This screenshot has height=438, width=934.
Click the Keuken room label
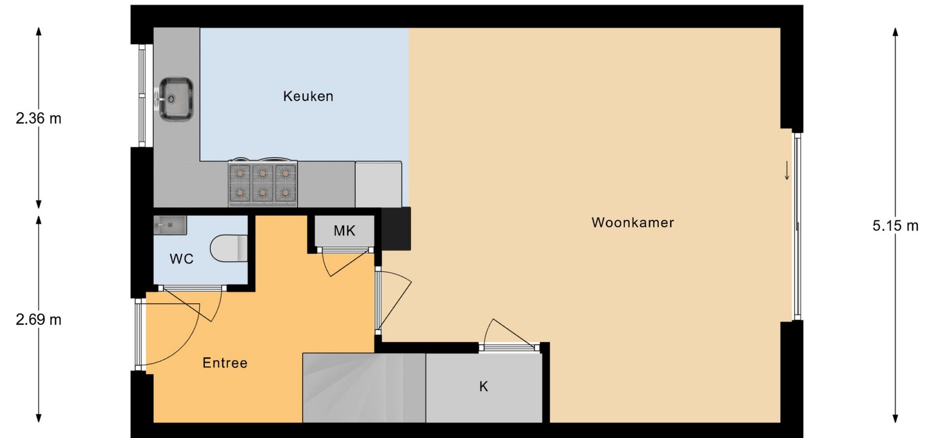pyautogui.click(x=308, y=96)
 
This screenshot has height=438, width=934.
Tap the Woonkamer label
pyautogui.click(x=633, y=222)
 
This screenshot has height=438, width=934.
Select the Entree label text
pyautogui.click(x=225, y=363)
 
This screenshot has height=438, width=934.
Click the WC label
pyautogui.click(x=181, y=259)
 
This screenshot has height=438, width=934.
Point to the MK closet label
pyautogui.click(x=344, y=231)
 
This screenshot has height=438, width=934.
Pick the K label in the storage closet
pyautogui.click(x=484, y=386)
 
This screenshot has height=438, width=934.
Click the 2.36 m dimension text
pyautogui.click(x=38, y=118)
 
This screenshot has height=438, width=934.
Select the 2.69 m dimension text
pyautogui.click(x=38, y=320)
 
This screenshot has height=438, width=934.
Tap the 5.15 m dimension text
pyautogui.click(x=896, y=226)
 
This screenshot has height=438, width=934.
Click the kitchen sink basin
pyautogui.click(x=176, y=99)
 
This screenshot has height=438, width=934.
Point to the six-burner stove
pyautogui.click(x=263, y=183)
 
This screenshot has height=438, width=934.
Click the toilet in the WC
pyautogui.click(x=229, y=249)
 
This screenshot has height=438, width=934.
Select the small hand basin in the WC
pyautogui.click(x=170, y=225)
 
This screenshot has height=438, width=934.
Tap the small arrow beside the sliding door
pyautogui.click(x=787, y=171)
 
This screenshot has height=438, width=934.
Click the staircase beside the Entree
pyautogui.click(x=364, y=388)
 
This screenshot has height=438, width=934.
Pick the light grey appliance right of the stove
pyautogui.click(x=378, y=184)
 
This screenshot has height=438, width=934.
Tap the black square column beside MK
pyautogui.click(x=396, y=229)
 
